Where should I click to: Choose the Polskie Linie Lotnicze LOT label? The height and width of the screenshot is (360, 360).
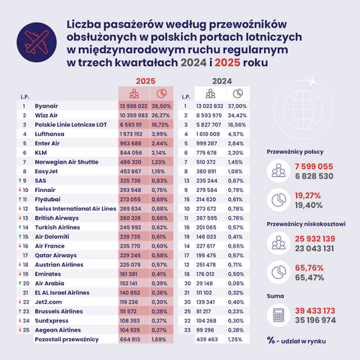coord(70,126)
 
